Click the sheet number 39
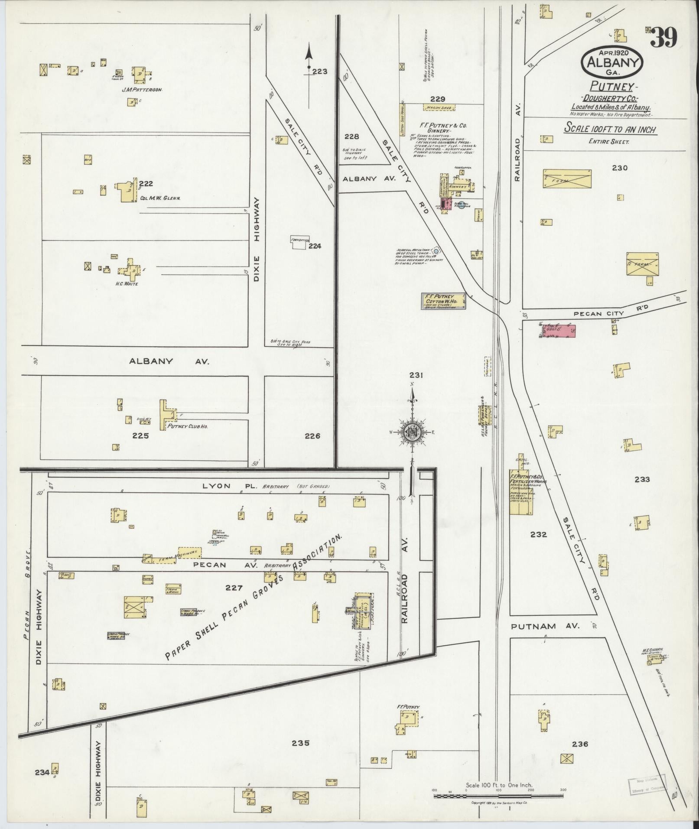click(663, 38)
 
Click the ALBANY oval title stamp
click(612, 63)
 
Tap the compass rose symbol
click(412, 432)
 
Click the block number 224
click(315, 246)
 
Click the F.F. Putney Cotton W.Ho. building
click(443, 301)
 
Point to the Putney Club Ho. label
click(188, 426)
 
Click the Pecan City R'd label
click(604, 313)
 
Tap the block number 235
click(300, 743)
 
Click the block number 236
click(580, 744)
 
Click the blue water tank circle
click(436, 250)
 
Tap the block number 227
click(233, 588)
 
